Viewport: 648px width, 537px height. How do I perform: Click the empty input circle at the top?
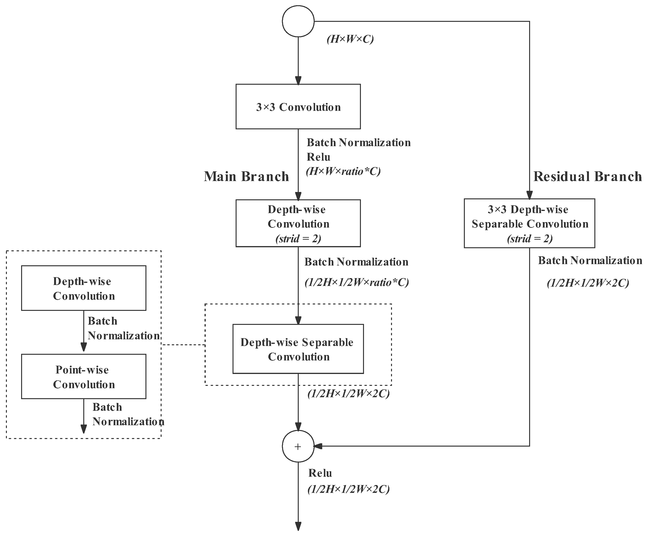point(298,21)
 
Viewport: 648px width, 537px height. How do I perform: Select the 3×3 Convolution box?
point(298,107)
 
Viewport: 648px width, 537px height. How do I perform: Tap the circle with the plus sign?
point(298,446)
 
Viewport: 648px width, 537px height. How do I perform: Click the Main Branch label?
point(246,177)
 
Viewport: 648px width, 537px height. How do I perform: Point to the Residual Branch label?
point(587,177)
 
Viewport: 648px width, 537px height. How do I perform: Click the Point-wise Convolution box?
point(84,377)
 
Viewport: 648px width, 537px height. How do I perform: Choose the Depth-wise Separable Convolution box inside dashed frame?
point(298,349)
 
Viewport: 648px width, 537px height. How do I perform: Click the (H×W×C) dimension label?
point(350,39)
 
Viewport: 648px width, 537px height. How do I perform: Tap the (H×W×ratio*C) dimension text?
point(343,171)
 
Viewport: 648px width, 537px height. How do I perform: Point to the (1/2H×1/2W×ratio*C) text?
point(357,282)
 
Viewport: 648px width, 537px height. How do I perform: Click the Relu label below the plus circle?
point(320,473)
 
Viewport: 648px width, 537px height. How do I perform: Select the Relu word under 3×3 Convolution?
point(318,157)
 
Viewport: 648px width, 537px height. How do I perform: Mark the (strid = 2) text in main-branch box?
point(298,238)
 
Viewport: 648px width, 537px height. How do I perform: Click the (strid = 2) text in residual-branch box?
point(530,238)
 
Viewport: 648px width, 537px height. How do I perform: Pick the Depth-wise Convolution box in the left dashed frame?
point(84,288)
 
